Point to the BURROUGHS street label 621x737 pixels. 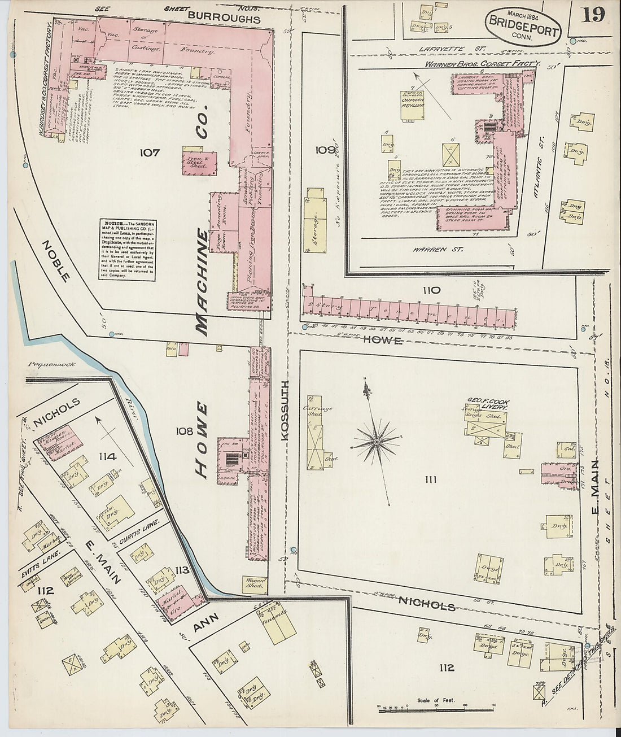click(x=224, y=19)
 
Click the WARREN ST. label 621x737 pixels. click(x=434, y=249)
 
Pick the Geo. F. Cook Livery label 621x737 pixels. click(x=487, y=403)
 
